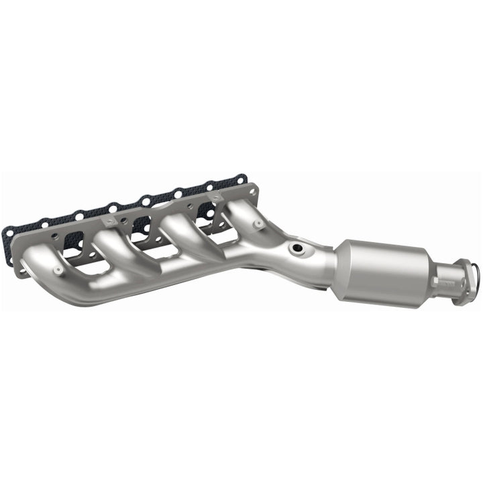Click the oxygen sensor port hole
click(296, 249)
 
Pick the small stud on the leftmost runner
click(58, 270)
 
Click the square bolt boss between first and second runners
click(109, 219)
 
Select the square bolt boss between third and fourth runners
click(216, 197)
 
